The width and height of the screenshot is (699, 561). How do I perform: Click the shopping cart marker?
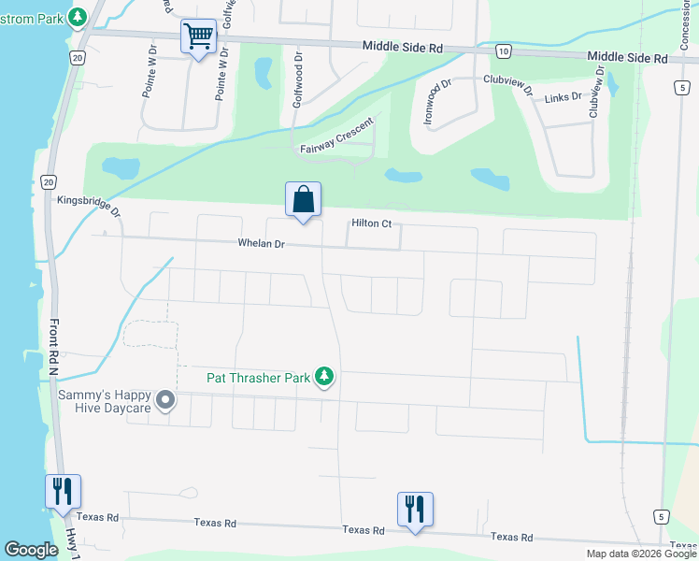tap(198, 38)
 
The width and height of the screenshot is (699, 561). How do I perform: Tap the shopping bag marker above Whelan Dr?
tap(303, 199)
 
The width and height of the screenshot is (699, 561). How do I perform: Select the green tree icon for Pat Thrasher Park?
tap(324, 377)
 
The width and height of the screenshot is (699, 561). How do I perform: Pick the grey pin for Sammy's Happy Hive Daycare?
tap(165, 401)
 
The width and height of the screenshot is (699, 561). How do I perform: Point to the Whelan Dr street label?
tap(261, 244)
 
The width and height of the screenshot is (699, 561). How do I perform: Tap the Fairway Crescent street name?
tap(336, 137)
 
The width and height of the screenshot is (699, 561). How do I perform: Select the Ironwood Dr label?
tap(436, 101)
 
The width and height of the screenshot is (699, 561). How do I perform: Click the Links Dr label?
tap(563, 96)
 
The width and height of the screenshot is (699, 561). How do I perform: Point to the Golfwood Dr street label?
tap(298, 79)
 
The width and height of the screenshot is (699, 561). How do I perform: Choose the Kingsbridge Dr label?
tap(90, 205)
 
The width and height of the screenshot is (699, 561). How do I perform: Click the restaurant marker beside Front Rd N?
tap(63, 491)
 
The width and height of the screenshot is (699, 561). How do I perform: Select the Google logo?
tap(31, 550)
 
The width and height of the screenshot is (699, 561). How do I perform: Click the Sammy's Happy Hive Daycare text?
tap(105, 402)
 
